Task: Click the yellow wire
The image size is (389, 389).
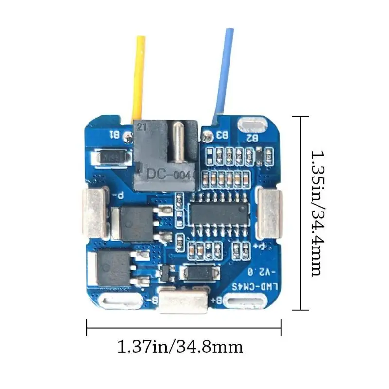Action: click(x=140, y=78)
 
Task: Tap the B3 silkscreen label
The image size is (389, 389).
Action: click(x=223, y=134)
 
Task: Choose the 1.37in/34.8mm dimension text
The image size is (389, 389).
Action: click(x=180, y=347)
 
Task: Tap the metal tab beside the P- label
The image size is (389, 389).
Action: click(x=95, y=212)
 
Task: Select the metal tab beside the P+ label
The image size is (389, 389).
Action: click(x=268, y=212)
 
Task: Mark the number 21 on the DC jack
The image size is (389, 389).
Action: click(x=142, y=128)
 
